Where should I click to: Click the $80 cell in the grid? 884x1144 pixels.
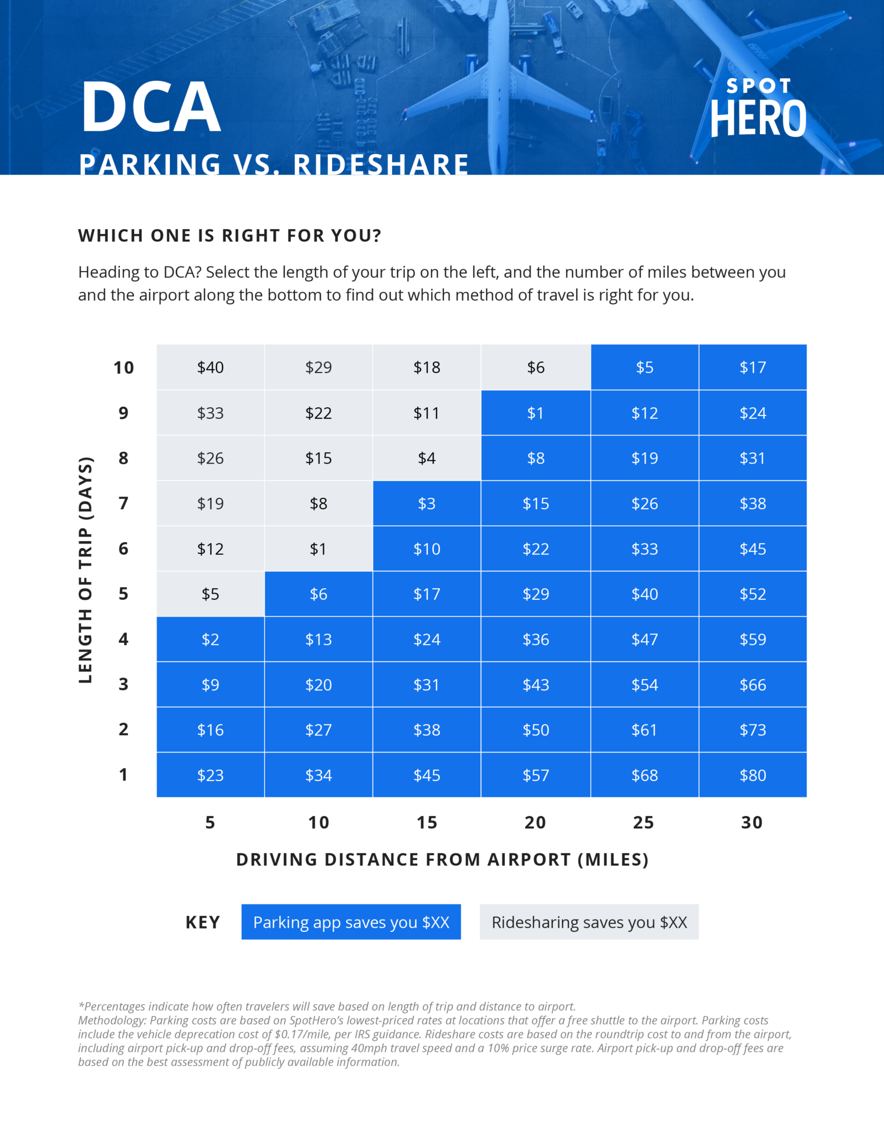click(752, 775)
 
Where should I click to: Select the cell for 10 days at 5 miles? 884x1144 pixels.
click(211, 367)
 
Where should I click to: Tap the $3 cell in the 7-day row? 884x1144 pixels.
click(427, 503)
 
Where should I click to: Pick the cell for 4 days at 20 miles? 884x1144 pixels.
click(536, 639)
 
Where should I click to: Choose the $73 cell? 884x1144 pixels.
click(752, 730)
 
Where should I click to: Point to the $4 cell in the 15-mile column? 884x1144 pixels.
click(427, 458)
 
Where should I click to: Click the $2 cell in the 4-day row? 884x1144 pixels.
click(211, 639)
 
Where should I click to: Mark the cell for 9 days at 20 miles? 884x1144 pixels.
click(536, 413)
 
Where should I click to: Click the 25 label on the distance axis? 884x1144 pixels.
click(643, 822)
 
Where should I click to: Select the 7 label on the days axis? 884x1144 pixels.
click(123, 503)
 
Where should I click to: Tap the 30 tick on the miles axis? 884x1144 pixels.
click(752, 822)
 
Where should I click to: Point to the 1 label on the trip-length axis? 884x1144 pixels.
click(123, 775)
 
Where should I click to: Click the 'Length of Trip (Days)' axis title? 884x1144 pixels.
click(85, 570)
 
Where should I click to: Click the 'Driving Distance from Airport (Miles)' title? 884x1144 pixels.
click(442, 859)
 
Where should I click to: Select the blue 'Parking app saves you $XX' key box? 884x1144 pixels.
click(351, 922)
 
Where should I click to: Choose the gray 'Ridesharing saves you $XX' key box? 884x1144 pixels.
click(589, 922)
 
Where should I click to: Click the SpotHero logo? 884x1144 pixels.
click(758, 108)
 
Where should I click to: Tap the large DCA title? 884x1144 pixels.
click(151, 107)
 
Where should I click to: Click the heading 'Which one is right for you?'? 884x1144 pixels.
click(230, 236)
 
